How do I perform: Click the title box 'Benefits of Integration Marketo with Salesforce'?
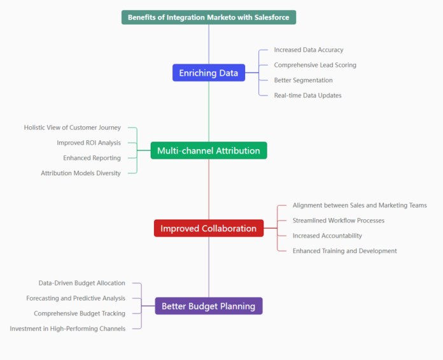(x=208, y=17)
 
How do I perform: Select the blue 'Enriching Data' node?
(x=208, y=73)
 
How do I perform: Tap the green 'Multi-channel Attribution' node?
(x=208, y=150)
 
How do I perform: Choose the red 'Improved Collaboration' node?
(x=208, y=228)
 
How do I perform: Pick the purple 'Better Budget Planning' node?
(x=208, y=306)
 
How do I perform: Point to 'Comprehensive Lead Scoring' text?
(x=315, y=65)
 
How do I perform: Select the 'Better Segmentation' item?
(x=303, y=80)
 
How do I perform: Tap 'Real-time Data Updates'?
(x=307, y=96)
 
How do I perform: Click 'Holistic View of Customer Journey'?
(x=73, y=127)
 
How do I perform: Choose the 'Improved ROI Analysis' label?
(x=88, y=143)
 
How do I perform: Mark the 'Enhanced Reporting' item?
(x=92, y=158)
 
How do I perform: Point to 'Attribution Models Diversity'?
(x=81, y=173)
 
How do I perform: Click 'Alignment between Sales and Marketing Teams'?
(x=360, y=205)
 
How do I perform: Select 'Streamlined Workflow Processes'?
(x=339, y=220)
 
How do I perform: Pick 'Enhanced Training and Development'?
(x=344, y=251)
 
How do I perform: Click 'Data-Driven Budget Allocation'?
(x=82, y=283)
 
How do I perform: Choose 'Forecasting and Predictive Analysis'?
(x=76, y=298)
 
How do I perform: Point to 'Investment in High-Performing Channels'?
(x=67, y=329)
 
